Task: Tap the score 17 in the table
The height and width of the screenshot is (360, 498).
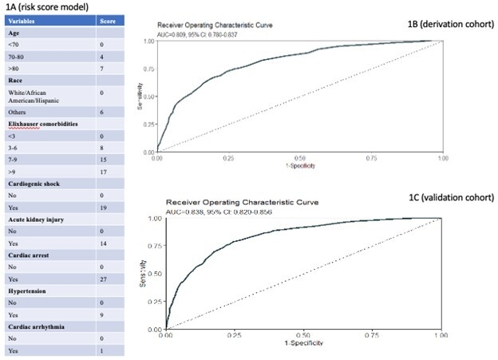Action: [x=102, y=172]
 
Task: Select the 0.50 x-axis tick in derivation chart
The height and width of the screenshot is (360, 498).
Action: [x=298, y=159]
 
